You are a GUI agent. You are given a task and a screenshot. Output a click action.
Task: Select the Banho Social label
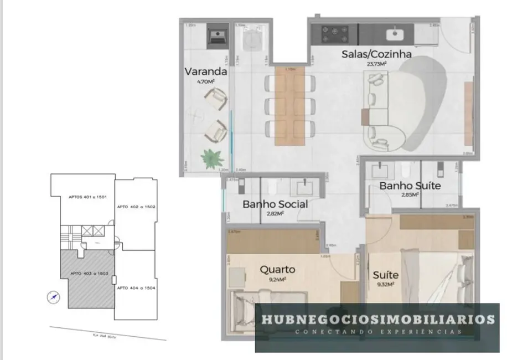(x=275, y=204)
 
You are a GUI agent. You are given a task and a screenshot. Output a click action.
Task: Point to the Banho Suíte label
(x=410, y=186)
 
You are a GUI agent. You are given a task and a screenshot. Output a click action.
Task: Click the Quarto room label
(x=277, y=270)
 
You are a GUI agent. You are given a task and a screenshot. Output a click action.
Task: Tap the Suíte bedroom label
(x=386, y=275)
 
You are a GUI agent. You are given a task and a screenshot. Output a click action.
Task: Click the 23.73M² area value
(x=376, y=64)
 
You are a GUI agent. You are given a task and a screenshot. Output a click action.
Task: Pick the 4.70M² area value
(x=205, y=81)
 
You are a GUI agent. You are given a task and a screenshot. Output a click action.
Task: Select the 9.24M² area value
(x=277, y=280)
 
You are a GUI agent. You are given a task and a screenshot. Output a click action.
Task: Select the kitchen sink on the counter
(x=397, y=34)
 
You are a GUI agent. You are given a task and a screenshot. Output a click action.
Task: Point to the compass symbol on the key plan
(x=53, y=297)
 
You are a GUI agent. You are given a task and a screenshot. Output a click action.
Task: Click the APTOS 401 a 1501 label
(x=84, y=197)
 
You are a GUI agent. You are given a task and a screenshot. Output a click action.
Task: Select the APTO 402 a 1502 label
(x=136, y=207)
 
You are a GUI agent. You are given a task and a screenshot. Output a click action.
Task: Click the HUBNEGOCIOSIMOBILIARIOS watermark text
(x=377, y=320)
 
